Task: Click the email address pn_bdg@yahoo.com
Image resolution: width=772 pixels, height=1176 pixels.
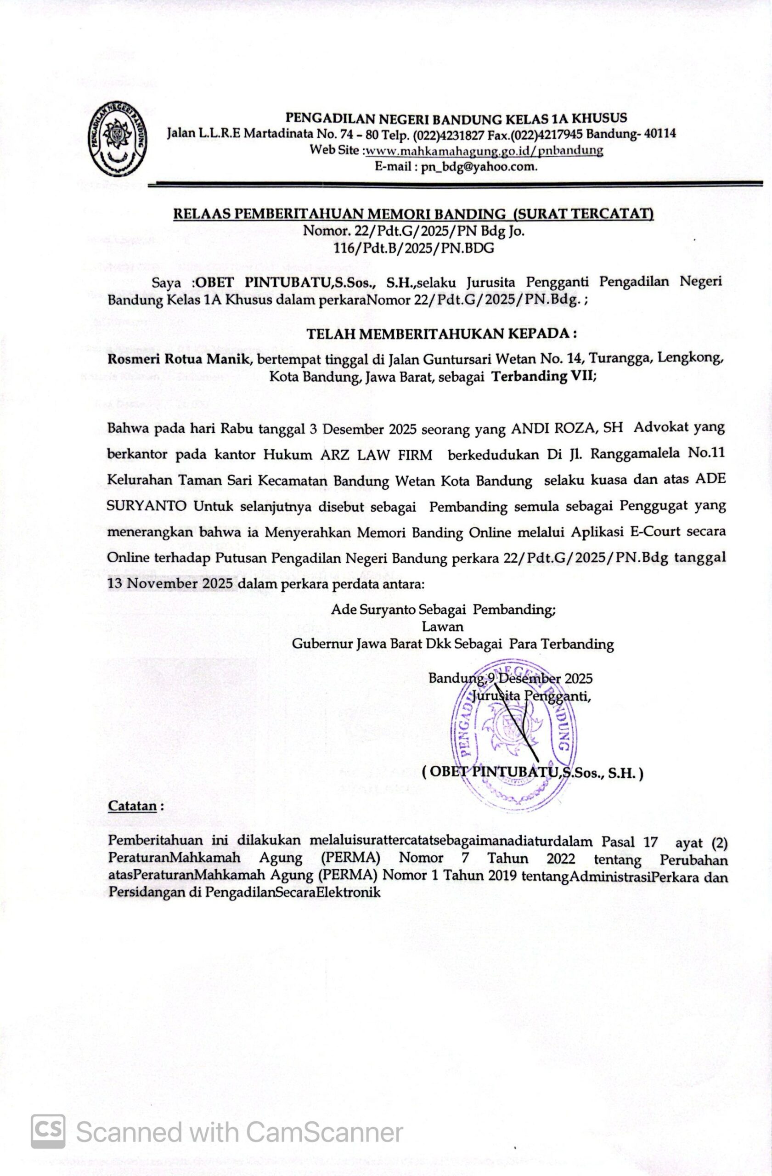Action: click(479, 166)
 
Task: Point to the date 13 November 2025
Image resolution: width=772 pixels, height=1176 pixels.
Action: click(170, 583)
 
